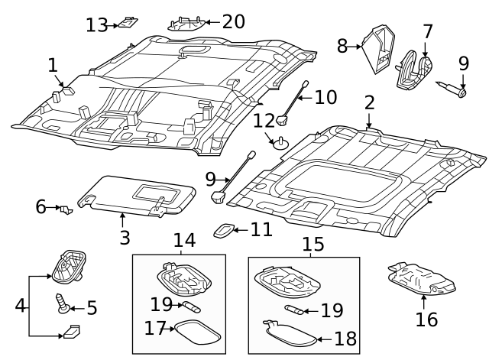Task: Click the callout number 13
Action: point(96,25)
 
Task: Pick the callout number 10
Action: point(325,97)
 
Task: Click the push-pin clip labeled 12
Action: point(280,141)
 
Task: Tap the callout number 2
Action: point(369,102)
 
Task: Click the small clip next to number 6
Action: point(66,208)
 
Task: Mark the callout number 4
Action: point(20,306)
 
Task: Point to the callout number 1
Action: point(53,65)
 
